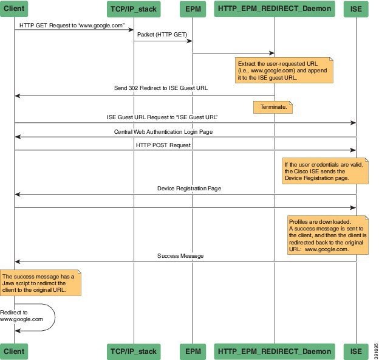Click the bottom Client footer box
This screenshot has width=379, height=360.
pyautogui.click(x=15, y=351)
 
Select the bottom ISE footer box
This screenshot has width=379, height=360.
pyautogui.click(x=356, y=351)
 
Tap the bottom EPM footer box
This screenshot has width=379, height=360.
pyautogui.click(x=193, y=351)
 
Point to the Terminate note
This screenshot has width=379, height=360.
pyautogui.click(x=273, y=107)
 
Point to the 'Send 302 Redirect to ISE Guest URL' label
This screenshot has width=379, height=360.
pyautogui.click(x=161, y=88)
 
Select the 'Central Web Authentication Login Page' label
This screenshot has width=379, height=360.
pyautogui.click(x=163, y=131)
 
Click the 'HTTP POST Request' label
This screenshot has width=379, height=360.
pyautogui.click(x=163, y=145)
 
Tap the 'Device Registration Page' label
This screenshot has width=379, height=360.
pyautogui.click(x=189, y=189)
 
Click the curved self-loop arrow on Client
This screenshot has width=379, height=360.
pyautogui.click(x=54, y=317)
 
